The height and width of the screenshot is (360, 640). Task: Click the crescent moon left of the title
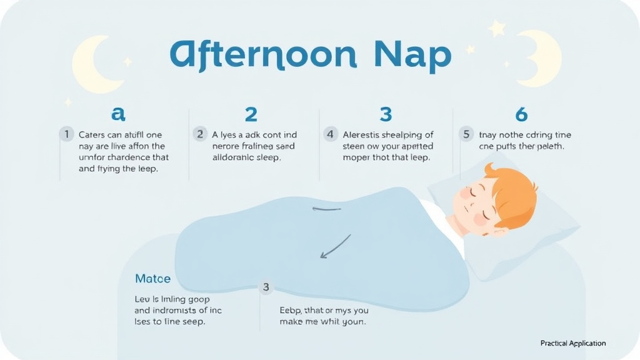[91, 63]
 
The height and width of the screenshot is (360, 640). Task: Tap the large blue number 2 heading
[251, 114]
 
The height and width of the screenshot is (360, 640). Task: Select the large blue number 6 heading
[521, 114]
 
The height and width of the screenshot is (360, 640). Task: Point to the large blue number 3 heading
[386, 114]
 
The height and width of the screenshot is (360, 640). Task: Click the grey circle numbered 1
[66, 134]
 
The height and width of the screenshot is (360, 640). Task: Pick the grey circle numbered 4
[331, 134]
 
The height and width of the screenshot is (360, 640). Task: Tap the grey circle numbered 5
[465, 134]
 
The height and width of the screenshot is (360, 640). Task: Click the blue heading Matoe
[152, 278]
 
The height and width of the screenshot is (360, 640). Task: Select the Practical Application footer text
[572, 343]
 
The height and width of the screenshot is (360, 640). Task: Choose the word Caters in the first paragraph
[92, 134]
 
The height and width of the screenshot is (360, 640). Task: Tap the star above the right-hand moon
[497, 28]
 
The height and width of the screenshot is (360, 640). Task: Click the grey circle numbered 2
[200, 134]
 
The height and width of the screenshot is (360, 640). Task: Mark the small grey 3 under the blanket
[266, 287]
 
